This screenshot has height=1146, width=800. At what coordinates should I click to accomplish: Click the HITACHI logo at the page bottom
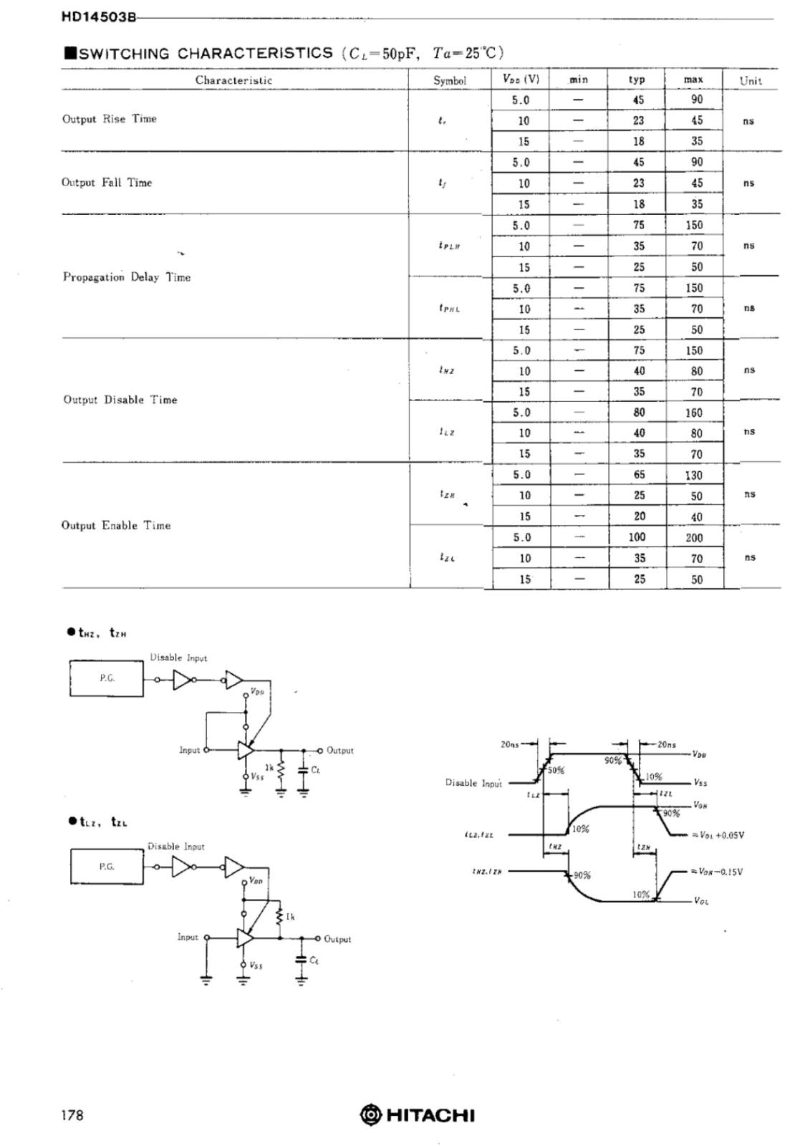click(418, 1115)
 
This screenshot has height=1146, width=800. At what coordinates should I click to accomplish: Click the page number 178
click(72, 1115)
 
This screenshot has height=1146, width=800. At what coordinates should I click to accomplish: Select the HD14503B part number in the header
click(98, 18)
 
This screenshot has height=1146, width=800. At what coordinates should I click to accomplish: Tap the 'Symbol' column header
click(450, 80)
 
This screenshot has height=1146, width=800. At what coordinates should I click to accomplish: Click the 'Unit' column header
click(751, 80)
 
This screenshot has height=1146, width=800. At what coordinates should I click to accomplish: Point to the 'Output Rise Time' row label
click(109, 119)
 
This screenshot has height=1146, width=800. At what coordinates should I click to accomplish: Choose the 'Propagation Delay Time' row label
click(127, 277)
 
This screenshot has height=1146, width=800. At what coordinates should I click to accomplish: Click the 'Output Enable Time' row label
click(116, 526)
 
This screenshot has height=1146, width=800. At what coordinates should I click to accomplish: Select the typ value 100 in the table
click(637, 537)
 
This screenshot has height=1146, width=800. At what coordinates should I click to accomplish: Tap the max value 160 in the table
click(694, 413)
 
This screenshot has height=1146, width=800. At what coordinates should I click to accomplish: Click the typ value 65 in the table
click(639, 475)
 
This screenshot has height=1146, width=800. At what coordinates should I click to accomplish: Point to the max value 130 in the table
click(694, 475)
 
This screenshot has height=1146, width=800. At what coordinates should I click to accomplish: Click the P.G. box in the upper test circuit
click(107, 678)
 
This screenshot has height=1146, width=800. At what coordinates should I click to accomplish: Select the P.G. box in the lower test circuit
click(107, 867)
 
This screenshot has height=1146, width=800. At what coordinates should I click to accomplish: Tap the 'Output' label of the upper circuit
click(340, 751)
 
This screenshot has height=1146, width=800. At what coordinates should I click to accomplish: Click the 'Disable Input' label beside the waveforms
click(473, 783)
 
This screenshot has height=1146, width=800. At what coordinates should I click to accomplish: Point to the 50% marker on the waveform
click(556, 771)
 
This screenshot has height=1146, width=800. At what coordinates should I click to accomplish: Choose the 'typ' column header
click(637, 80)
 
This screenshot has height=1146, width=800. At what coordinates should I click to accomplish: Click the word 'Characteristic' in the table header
click(233, 80)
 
